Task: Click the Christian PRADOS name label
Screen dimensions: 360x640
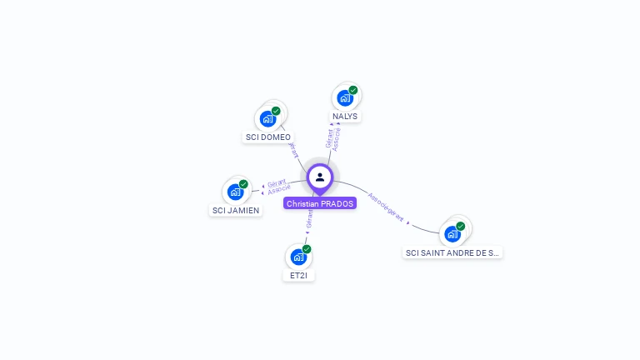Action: (x=319, y=203)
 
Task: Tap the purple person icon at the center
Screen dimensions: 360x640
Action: (x=320, y=177)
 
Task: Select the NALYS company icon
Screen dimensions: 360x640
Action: (x=344, y=98)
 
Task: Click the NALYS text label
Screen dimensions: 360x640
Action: (x=345, y=117)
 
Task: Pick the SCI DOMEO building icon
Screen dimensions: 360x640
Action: (x=267, y=118)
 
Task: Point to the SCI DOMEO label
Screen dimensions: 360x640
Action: (x=268, y=137)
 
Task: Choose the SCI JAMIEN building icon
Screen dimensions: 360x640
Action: (x=236, y=192)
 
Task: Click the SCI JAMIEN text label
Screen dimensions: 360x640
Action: (x=237, y=211)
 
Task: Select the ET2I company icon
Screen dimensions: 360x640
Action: (x=298, y=257)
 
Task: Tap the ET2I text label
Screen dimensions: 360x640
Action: (x=298, y=275)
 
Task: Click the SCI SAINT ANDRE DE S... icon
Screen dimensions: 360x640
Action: (x=452, y=233)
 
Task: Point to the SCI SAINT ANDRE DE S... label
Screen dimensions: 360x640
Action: (x=452, y=252)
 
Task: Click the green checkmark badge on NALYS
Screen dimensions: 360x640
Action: (x=353, y=90)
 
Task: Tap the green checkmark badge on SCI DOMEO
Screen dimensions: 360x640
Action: (x=276, y=111)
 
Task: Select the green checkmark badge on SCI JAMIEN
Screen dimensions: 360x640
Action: (x=243, y=184)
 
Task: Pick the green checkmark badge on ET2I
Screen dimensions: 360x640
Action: (x=307, y=249)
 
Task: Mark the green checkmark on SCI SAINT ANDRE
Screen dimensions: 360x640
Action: (x=460, y=226)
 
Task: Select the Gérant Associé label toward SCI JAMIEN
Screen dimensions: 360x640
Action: (x=278, y=187)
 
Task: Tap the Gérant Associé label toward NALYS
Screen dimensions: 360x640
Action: (x=333, y=138)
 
